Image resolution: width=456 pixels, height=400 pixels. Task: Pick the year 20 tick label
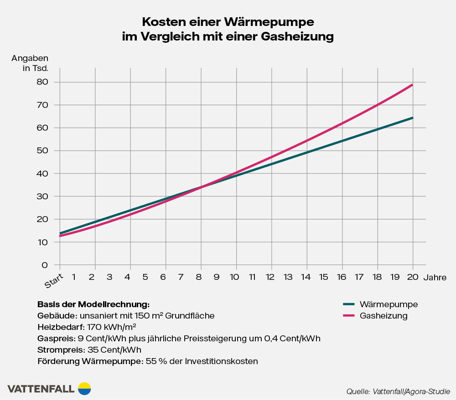click(x=413, y=277)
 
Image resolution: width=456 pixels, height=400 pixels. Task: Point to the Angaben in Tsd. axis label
click(x=30, y=63)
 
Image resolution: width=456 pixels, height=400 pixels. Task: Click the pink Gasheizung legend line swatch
click(x=348, y=315)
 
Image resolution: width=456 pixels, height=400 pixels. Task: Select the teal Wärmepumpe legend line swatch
click(x=348, y=304)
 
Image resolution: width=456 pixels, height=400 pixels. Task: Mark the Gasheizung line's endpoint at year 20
click(x=413, y=85)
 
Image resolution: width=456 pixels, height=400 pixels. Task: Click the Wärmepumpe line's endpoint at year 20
click(x=413, y=118)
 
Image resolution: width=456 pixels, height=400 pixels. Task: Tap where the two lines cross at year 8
click(x=201, y=187)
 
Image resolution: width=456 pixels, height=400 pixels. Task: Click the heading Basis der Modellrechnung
click(x=93, y=304)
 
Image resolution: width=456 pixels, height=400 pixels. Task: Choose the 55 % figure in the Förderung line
click(x=153, y=361)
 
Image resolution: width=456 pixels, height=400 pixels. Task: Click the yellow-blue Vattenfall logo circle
click(x=84, y=388)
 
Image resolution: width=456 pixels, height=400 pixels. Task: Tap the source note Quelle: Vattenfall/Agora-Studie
click(x=398, y=391)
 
